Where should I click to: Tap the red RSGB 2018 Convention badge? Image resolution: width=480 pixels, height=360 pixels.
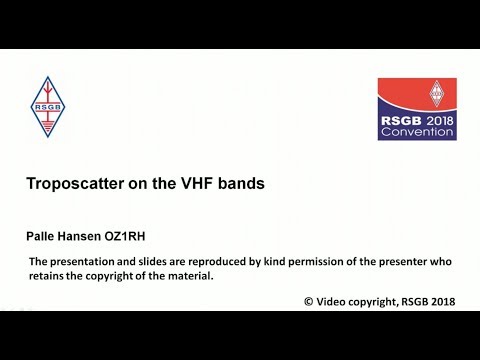417,109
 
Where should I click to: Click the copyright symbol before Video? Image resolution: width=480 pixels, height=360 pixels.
307,300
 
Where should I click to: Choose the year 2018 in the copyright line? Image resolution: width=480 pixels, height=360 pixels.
448,300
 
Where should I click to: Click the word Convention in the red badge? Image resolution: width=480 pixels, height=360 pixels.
417,130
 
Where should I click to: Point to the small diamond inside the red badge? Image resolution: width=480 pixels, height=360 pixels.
437,96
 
